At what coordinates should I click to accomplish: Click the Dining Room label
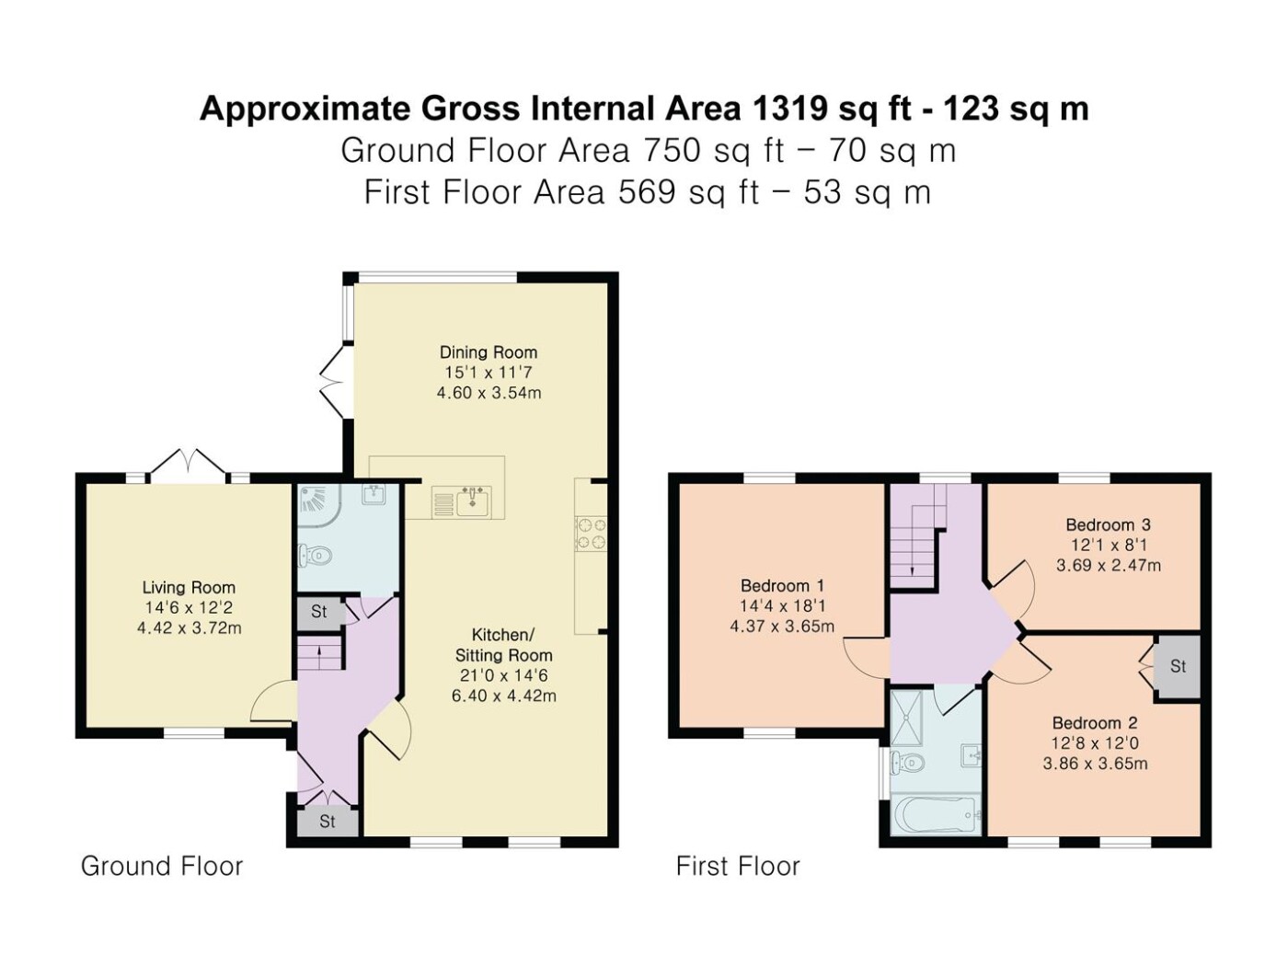tap(489, 352)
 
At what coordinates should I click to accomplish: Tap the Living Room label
tap(189, 587)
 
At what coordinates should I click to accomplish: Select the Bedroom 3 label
tap(1108, 524)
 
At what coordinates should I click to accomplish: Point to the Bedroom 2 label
tap(1095, 722)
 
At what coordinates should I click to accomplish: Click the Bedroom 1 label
tap(782, 585)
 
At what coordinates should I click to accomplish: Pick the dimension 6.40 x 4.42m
tap(503, 696)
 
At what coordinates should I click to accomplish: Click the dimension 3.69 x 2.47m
tap(1109, 566)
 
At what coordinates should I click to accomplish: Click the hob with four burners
tap(591, 534)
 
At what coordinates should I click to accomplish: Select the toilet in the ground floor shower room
tap(316, 554)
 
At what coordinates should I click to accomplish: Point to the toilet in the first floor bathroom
tap(907, 762)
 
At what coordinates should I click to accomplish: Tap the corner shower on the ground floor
tap(316, 504)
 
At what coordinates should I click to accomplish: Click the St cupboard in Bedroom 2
tap(1177, 666)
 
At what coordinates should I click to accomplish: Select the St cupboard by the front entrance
tap(327, 822)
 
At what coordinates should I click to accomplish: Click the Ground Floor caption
tap(162, 867)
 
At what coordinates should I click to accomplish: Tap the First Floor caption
tap(738, 867)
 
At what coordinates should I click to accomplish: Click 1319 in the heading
tap(789, 109)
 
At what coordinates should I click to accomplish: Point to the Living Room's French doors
tap(189, 461)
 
